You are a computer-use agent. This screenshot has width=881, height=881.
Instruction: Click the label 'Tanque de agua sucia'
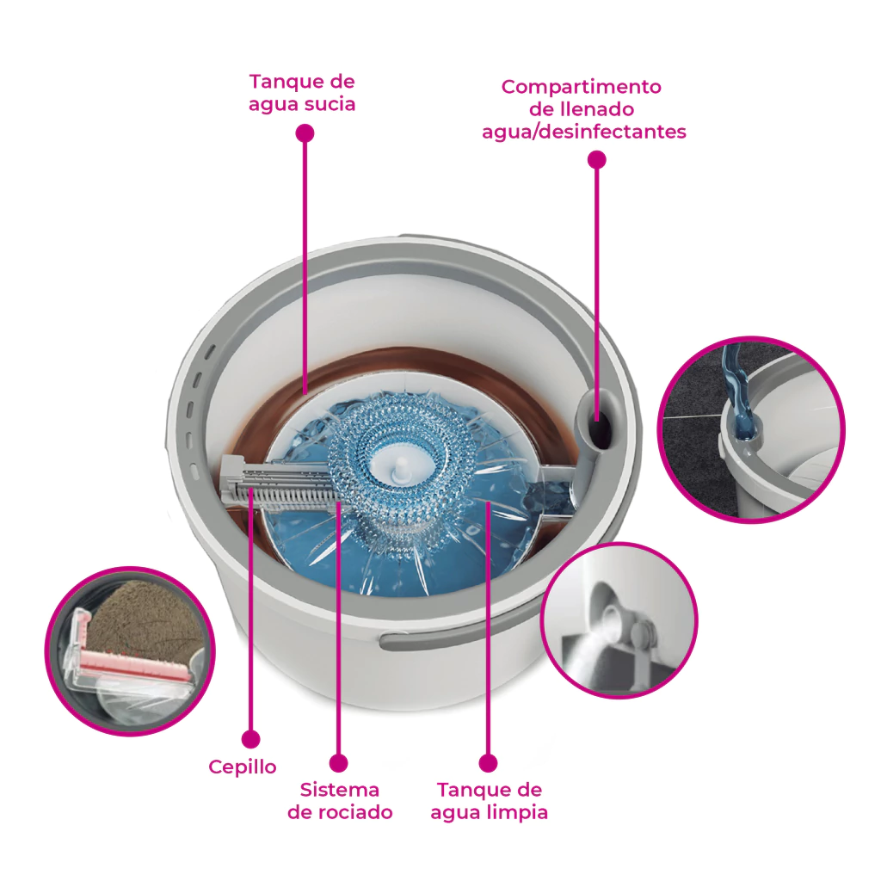point(302,93)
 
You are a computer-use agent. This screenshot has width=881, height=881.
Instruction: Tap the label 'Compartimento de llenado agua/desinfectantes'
point(584,109)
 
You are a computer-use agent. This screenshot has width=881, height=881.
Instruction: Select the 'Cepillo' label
point(242,767)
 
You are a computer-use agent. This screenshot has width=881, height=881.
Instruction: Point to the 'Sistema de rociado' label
point(340,801)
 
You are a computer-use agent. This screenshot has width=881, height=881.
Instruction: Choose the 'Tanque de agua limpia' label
point(489,801)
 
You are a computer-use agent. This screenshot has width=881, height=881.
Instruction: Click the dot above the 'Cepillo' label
point(250,739)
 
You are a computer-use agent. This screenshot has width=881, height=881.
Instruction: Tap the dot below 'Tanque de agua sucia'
point(305,133)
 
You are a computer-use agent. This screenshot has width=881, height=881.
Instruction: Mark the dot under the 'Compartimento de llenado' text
point(597,160)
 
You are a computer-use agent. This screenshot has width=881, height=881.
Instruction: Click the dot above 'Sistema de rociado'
point(338,763)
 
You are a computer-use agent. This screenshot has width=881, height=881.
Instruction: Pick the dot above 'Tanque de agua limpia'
point(489,763)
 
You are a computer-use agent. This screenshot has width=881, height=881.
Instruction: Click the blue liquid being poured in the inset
point(738,393)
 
